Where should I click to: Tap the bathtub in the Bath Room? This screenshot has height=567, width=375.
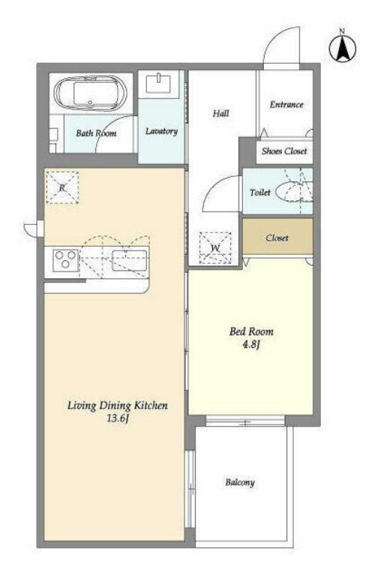[x=91, y=92]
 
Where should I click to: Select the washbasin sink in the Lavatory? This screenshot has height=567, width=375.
[x=158, y=84]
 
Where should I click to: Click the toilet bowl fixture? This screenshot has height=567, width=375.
[x=294, y=191]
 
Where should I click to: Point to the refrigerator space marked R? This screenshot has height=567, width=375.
[x=62, y=187]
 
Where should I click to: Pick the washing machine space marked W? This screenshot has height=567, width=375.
[x=215, y=247]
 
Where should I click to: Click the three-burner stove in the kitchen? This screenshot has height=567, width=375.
[x=66, y=259]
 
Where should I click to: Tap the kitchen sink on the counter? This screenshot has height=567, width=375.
[x=130, y=259]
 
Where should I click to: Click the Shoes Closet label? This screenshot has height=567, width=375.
[x=284, y=151]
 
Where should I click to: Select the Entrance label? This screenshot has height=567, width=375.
[x=286, y=104]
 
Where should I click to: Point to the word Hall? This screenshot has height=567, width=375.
[x=220, y=113]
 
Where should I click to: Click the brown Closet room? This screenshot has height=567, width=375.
[x=277, y=236]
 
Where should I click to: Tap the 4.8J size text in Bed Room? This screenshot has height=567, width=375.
[x=251, y=344]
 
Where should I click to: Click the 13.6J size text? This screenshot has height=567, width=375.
[x=118, y=418]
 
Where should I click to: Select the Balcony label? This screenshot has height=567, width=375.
[x=240, y=482]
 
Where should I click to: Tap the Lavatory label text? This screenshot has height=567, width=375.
[x=161, y=131]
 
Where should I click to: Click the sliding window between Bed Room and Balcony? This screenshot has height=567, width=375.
[x=245, y=421]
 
